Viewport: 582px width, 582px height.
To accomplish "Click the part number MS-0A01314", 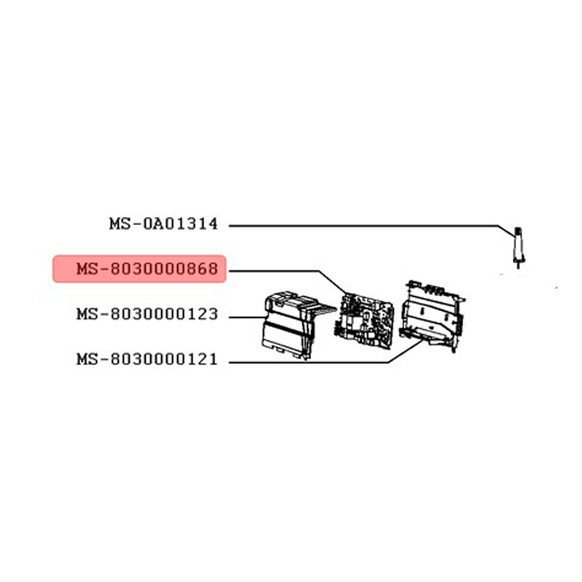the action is click(x=164, y=224).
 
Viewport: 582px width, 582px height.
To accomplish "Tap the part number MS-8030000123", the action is click(x=147, y=314).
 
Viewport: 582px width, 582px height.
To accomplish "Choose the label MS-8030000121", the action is click(x=147, y=359).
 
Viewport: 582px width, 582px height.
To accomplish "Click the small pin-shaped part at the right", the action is click(x=518, y=247).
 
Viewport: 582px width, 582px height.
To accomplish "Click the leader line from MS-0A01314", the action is click(x=371, y=226).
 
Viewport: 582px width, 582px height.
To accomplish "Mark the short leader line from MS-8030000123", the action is click(x=247, y=317).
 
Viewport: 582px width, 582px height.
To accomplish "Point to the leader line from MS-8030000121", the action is click(x=327, y=362).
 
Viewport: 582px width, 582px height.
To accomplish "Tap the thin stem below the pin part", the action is click(x=518, y=265).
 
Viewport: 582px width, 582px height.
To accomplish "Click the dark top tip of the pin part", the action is click(x=519, y=231).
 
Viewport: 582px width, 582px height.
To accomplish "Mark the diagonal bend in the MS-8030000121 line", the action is click(x=406, y=351).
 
